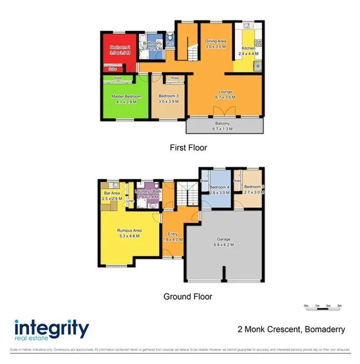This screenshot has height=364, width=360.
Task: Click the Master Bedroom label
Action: tap(126, 96)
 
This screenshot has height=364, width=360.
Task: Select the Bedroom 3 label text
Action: tap(168, 96)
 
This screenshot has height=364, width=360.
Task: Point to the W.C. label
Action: tap(169, 43)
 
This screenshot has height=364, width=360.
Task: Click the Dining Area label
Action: tap(215, 41)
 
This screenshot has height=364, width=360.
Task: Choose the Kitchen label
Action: tap(247, 48)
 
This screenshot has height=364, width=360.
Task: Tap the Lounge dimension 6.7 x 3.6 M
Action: tap(225, 98)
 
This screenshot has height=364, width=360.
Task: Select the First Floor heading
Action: tap(188, 147)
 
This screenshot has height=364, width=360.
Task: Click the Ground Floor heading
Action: tap(188, 297)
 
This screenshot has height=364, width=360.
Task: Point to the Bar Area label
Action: tap(112, 193)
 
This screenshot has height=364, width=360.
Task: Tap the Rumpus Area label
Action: tap(129, 230)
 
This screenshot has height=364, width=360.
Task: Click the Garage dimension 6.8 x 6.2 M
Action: tap(221, 245)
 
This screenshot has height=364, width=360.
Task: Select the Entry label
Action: tap(173, 234)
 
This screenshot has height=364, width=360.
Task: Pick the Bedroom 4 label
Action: tap(219, 188)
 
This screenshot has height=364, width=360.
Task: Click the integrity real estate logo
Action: tap(51, 330)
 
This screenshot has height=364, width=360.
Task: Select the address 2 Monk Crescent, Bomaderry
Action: tap(291, 330)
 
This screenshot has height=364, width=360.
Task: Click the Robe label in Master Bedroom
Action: tap(118, 79)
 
